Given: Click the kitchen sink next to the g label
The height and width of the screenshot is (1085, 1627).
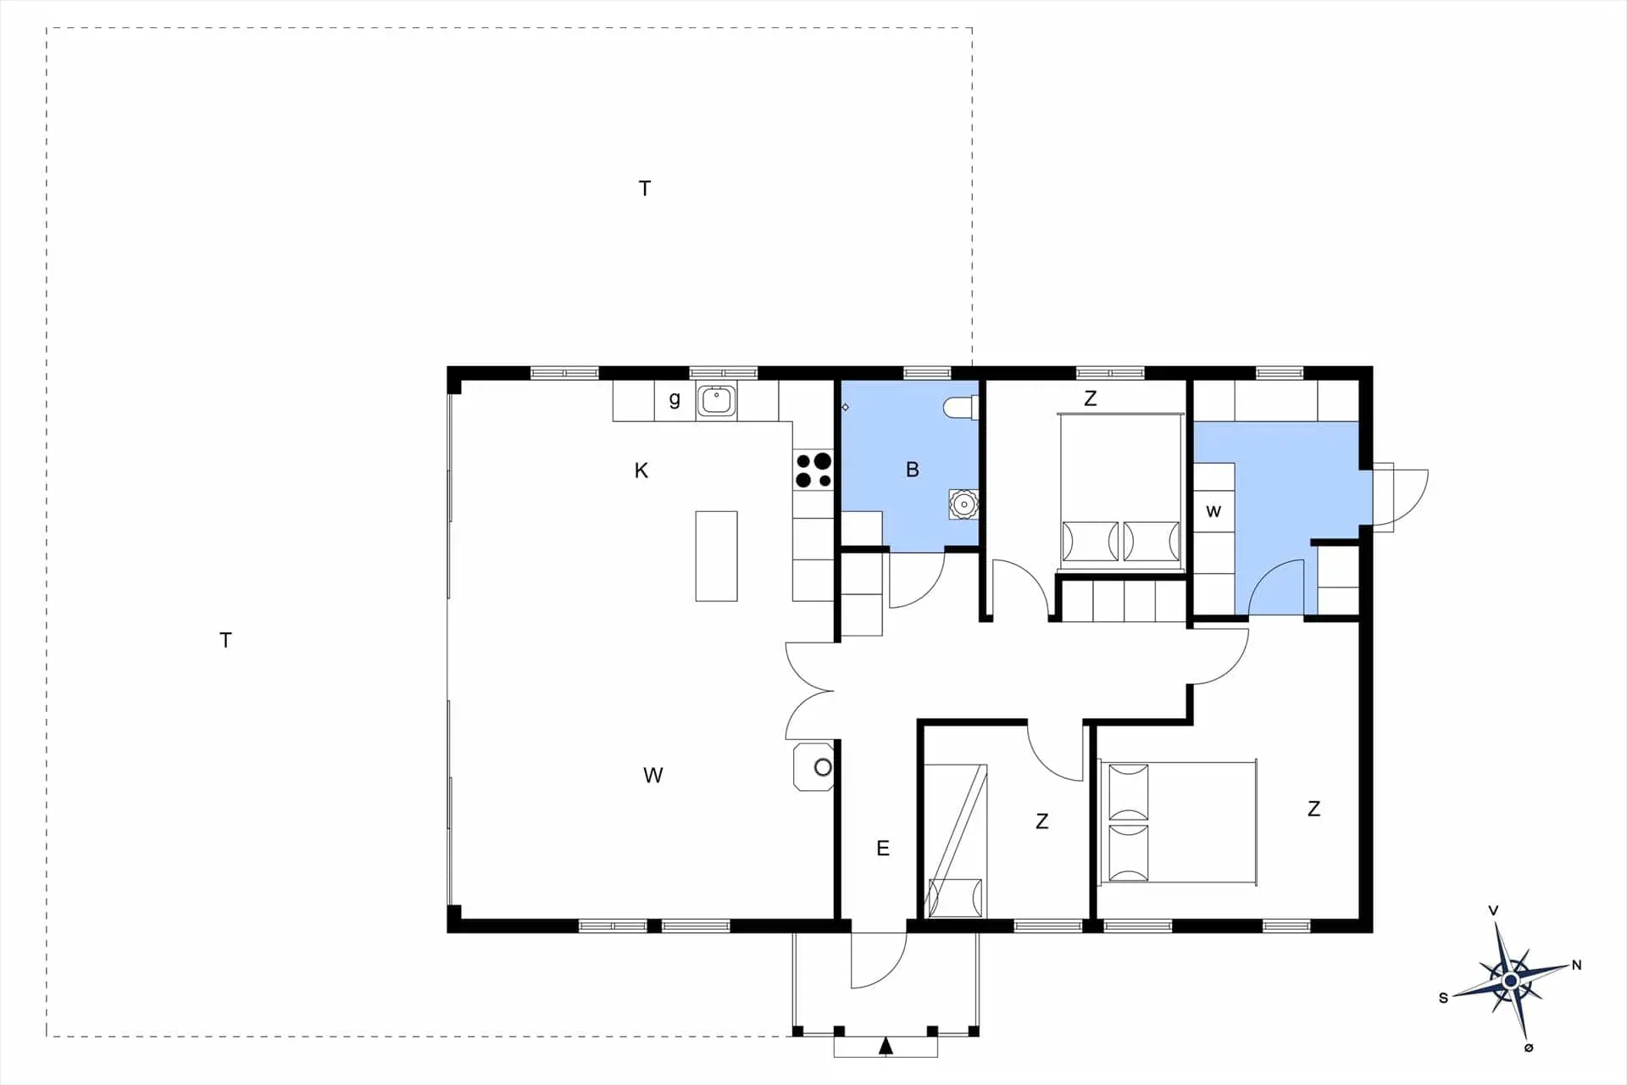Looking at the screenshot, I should pyautogui.click(x=717, y=400).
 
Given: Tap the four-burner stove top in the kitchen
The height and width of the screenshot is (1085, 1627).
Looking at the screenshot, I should pyautogui.click(x=813, y=470).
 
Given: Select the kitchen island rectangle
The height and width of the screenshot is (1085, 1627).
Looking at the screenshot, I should pyautogui.click(x=716, y=556).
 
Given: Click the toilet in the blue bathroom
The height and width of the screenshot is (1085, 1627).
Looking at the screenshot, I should pyautogui.click(x=961, y=408).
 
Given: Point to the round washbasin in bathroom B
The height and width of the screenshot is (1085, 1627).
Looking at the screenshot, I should pyautogui.click(x=963, y=504).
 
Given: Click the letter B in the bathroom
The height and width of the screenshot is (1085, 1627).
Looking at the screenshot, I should pyautogui.click(x=912, y=470).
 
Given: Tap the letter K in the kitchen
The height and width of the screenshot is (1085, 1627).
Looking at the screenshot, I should pyautogui.click(x=641, y=470).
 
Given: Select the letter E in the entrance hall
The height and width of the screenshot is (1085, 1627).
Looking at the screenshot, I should pyautogui.click(x=883, y=849).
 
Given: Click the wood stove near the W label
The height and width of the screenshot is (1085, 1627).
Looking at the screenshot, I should pyautogui.click(x=814, y=767).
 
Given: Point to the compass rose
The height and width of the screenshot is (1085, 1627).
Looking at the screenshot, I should pyautogui.click(x=1510, y=981).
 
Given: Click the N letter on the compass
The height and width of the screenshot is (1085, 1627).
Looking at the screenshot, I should pyautogui.click(x=1576, y=965).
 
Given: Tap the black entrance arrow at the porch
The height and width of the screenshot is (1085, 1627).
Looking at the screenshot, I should pyautogui.click(x=886, y=1046).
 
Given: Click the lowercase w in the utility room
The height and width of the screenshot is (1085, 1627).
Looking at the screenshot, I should pyautogui.click(x=1213, y=511).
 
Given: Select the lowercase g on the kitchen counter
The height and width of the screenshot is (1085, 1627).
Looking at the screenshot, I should pyautogui.click(x=675, y=399).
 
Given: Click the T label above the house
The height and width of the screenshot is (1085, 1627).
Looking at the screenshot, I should pyautogui.click(x=645, y=188).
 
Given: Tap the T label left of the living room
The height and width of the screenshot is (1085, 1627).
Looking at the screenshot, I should pyautogui.click(x=225, y=640).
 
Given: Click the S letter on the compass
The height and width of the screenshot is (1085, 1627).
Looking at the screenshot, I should pyautogui.click(x=1444, y=999).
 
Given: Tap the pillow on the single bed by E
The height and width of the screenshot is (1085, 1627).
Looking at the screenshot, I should pyautogui.click(x=955, y=899).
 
